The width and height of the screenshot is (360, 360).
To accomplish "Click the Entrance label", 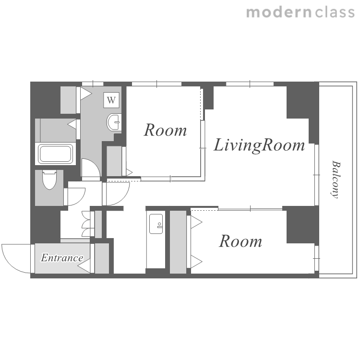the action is point(62,258).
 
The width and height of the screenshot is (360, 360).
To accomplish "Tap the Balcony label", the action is point(336,180).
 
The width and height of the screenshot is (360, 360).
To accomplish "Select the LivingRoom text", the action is point(259,145).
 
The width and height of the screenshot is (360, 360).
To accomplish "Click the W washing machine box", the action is point(111,100).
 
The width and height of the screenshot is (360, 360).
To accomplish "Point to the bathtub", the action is point(55,154).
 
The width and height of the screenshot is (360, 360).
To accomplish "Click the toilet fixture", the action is point(49,180).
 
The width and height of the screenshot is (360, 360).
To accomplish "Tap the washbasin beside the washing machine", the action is point(114,122).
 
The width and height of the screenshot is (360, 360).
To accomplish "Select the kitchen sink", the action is point(156,224).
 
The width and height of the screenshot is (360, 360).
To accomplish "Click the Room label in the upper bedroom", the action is point(165,130).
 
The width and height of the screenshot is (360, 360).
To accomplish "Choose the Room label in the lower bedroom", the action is point(240,241).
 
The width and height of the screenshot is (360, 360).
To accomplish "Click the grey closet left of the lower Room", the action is point(178,242).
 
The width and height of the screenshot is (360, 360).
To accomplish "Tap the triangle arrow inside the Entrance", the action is point(84,266).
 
